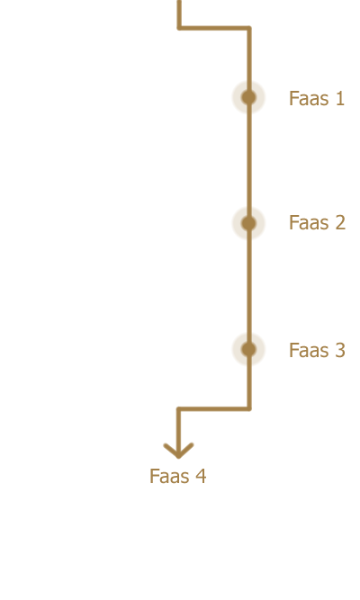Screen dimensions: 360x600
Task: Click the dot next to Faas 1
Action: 249,97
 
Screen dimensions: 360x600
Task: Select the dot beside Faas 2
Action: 249,223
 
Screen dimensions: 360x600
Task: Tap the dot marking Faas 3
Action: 249,349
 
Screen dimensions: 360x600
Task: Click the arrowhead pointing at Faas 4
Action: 178,451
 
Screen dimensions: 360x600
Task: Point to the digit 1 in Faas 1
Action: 339,98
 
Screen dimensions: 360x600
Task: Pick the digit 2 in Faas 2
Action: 340,222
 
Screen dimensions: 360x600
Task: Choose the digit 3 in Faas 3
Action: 340,350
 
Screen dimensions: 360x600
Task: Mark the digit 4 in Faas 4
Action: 201,476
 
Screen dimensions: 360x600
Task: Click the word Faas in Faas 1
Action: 309,98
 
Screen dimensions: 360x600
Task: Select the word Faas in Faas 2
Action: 309,223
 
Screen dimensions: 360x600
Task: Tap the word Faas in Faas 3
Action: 309,351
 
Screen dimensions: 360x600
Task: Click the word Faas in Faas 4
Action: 170,477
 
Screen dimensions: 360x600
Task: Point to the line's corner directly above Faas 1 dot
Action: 249,28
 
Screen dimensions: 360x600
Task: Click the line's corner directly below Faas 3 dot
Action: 249,409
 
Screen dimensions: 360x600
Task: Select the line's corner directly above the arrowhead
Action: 179,409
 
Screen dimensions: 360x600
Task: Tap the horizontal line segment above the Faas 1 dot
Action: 213,28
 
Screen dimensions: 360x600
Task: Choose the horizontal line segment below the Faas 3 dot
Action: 213,409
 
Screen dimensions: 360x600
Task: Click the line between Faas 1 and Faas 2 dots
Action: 249,160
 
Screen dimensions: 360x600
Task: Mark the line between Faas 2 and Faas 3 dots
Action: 249,286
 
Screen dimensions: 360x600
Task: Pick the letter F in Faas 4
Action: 154,477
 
